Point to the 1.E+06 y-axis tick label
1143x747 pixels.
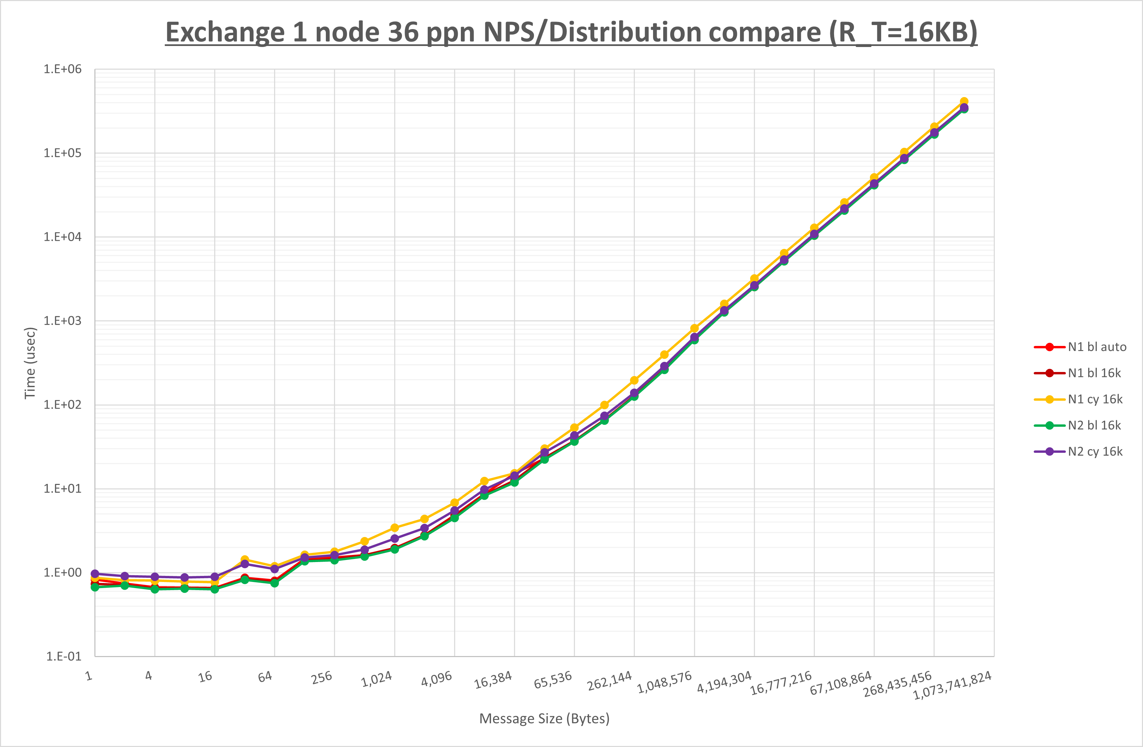[x=63, y=69]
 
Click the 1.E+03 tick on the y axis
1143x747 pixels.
[x=63, y=321]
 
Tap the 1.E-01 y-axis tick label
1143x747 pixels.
[x=63, y=656]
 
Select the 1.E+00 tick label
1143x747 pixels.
[x=63, y=572]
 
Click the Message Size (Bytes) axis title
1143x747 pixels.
[x=544, y=719]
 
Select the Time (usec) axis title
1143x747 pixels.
[x=30, y=363]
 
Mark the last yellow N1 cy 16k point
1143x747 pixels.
[x=964, y=102]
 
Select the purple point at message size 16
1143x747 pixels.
[x=215, y=577]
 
